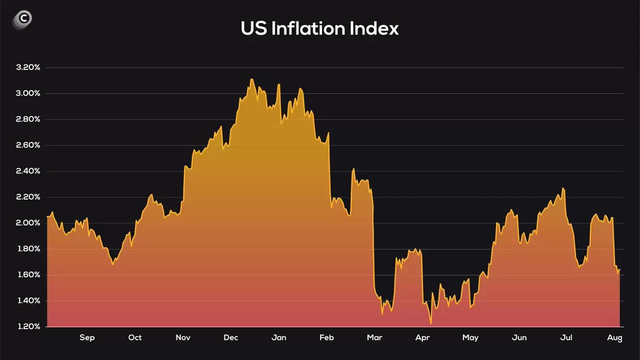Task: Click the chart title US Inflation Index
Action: [319, 28]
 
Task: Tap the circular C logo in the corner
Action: [22, 19]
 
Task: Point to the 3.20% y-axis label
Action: [28, 67]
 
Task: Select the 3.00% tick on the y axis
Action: [28, 93]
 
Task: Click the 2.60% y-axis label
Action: [28, 145]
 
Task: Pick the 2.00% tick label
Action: [28, 223]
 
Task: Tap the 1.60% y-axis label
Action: [28, 275]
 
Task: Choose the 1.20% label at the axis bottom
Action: [28, 326]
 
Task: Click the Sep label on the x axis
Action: [87, 338]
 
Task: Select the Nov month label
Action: [183, 338]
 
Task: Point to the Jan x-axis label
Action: [279, 338]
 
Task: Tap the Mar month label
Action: [375, 338]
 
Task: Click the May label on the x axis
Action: [470, 338]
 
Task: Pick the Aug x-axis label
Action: [614, 338]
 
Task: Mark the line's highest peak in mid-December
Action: [252, 79]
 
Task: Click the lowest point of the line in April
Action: [430, 324]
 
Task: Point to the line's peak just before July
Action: [563, 188]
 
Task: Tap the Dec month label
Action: [231, 338]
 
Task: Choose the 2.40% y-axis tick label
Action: [28, 171]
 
